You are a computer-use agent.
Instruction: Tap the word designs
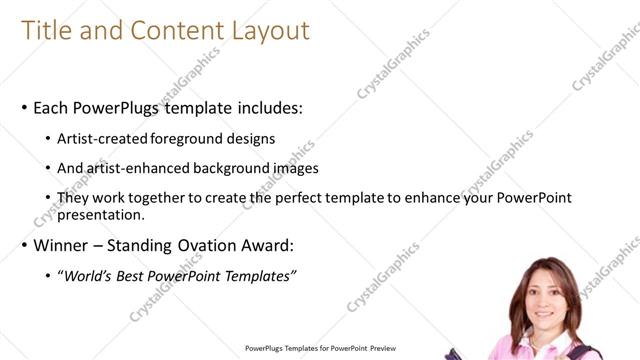coord(250,139)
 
